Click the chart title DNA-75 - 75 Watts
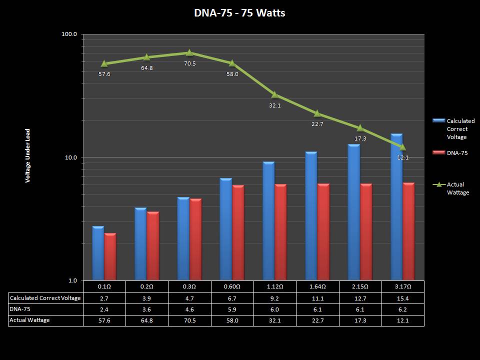point(239,13)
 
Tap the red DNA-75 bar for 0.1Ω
point(110,256)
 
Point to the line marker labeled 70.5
point(189,52)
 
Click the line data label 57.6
point(104,74)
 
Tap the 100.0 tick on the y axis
point(69,34)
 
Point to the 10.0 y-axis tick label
point(70,157)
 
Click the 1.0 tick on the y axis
point(72,280)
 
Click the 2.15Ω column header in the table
point(360,286)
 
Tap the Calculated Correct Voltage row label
point(45,298)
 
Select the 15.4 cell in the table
point(402,298)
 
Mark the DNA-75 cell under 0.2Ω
point(146,309)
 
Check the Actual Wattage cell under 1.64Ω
point(317,320)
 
